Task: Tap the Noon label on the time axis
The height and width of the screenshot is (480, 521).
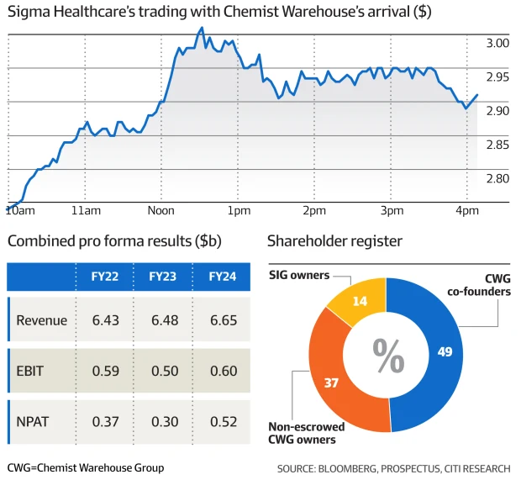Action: coord(161,209)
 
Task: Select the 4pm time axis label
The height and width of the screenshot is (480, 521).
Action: coord(465,209)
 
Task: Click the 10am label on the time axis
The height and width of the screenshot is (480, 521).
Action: coord(19,209)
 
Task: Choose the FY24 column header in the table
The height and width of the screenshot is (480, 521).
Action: coord(223,276)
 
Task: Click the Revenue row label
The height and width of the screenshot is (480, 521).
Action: coord(42,319)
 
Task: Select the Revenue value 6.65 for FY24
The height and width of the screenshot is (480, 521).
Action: coord(223,319)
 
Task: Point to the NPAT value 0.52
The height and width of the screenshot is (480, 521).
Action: coord(223,421)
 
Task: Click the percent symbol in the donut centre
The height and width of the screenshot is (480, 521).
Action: coord(387,356)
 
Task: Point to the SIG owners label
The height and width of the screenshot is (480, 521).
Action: coord(299,275)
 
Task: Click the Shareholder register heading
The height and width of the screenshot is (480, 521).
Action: coord(334,242)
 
